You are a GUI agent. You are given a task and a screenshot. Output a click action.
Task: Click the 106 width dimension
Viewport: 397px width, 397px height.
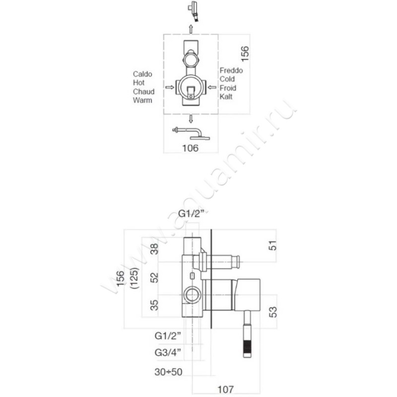click(191, 148)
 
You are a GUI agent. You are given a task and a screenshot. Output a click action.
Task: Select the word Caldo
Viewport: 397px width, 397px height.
click(142, 74)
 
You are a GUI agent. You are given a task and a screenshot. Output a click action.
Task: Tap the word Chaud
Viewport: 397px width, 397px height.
click(143, 92)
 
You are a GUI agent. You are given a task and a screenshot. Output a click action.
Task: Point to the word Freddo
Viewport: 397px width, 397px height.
click(231, 71)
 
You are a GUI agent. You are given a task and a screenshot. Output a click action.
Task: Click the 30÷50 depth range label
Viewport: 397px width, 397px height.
click(167, 371)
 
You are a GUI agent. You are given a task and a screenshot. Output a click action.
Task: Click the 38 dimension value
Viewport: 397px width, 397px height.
click(154, 250)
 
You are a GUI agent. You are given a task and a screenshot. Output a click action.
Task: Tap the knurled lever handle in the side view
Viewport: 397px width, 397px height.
click(247, 342)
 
